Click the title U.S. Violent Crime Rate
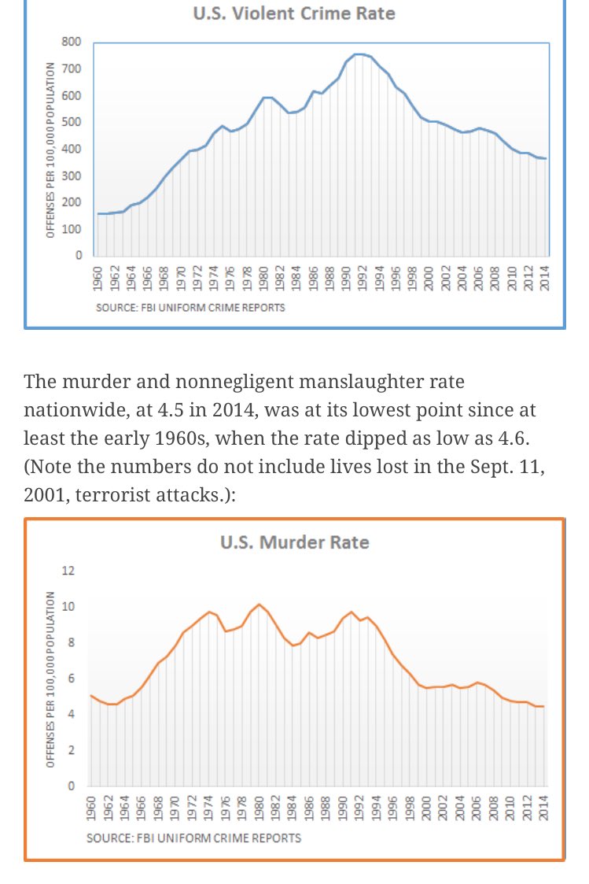coord(293,14)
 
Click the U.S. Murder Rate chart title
coord(293,542)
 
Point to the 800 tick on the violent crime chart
coord(73,42)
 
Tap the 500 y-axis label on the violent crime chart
coord(73,122)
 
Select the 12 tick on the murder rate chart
coord(68,571)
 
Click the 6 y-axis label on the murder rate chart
coord(72,679)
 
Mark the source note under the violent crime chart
coord(190,307)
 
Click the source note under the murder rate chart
coord(193,838)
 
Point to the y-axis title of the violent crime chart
coord(50,150)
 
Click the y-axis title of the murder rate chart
coord(50,679)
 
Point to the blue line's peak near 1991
coord(358,54)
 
